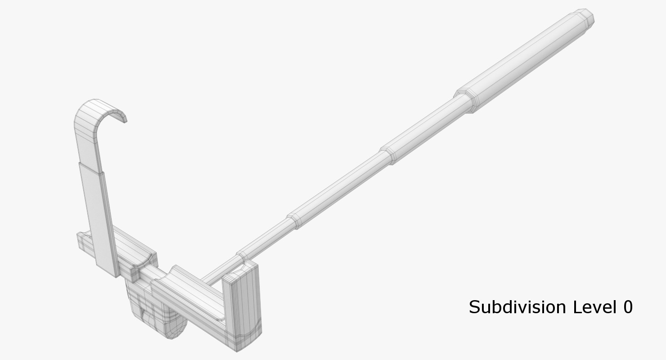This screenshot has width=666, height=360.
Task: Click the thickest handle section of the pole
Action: click(x=526, y=58)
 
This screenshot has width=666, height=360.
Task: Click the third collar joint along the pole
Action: click(x=293, y=220)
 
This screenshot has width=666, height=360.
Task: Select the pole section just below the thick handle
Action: click(x=427, y=126)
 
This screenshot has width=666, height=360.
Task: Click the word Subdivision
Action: click(x=517, y=307)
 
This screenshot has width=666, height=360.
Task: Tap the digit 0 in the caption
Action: click(x=628, y=307)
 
